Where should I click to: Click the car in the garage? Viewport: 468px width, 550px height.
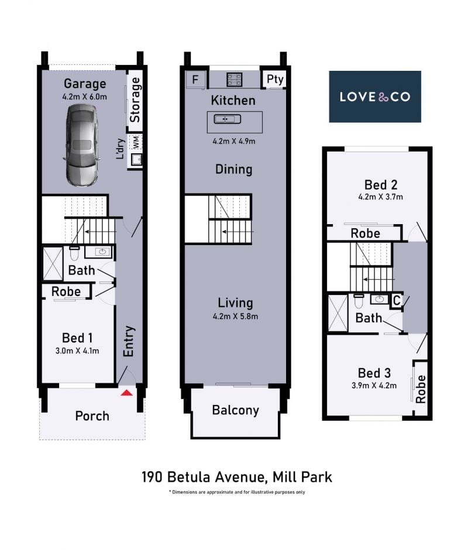tap(82, 145)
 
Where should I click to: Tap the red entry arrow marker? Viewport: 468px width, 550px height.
tap(126, 393)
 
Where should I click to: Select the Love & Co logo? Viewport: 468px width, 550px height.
tap(374, 97)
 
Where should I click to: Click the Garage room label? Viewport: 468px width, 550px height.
tap(85, 84)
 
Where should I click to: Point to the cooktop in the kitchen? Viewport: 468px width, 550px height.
tap(234, 79)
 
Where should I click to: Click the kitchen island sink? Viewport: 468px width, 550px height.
tap(228, 119)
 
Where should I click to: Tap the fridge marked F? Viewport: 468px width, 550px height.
tap(195, 80)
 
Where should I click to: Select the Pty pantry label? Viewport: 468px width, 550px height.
tap(275, 79)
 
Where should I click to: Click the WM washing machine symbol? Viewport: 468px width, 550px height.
tap(136, 143)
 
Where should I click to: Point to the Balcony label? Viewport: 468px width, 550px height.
tap(235, 410)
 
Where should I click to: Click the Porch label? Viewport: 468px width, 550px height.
tap(92, 416)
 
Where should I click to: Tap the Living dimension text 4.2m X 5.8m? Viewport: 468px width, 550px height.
tap(235, 317)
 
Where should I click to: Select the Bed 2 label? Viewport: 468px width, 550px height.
tap(381, 185)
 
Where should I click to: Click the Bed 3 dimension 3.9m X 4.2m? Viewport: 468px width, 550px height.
tap(374, 386)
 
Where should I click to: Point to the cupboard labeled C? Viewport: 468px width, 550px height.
tap(397, 301)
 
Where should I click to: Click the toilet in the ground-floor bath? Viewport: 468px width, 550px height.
tap(74, 253)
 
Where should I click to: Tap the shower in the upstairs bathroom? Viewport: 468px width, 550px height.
tap(338, 313)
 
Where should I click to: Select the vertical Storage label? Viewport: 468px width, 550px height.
tap(135, 100)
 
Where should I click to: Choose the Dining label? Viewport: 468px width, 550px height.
tap(233, 170)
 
